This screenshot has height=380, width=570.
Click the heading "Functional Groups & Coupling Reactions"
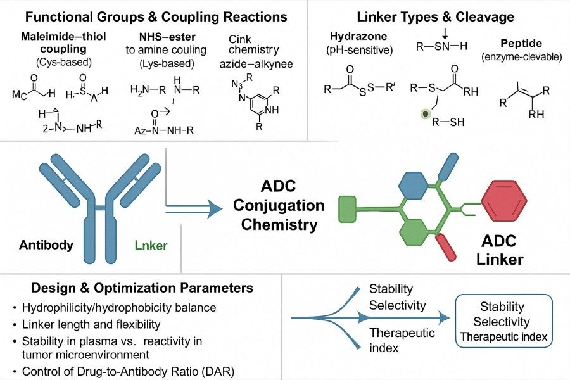(x=153, y=16)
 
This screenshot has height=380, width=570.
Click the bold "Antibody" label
(x=46, y=245)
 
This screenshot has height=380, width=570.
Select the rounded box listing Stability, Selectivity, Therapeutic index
(x=503, y=322)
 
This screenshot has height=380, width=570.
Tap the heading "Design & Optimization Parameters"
(x=132, y=288)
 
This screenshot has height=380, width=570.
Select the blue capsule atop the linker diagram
(x=451, y=166)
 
